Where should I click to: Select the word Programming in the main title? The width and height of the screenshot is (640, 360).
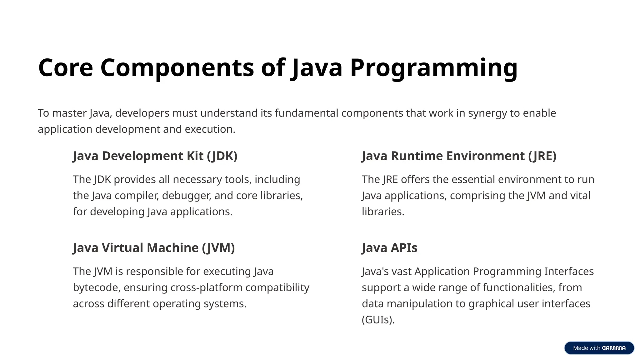pyautogui.click(x=434, y=68)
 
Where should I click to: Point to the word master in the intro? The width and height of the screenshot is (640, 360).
pyautogui.click(x=69, y=113)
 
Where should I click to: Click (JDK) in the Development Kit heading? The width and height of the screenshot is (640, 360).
pyautogui.click(x=222, y=156)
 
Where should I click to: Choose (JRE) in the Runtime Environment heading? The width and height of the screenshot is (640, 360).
pyautogui.click(x=542, y=156)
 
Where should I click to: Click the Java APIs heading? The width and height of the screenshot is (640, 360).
pyautogui.click(x=389, y=248)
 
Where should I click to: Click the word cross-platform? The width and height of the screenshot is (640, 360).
pyautogui.click(x=207, y=287)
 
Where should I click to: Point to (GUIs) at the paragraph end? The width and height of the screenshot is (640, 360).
pyautogui.click(x=378, y=320)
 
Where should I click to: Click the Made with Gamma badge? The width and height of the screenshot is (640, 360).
pyautogui.click(x=599, y=348)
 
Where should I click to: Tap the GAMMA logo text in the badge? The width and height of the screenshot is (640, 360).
pyautogui.click(x=614, y=348)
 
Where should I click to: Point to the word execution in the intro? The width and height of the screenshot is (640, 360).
pyautogui.click(x=210, y=129)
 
